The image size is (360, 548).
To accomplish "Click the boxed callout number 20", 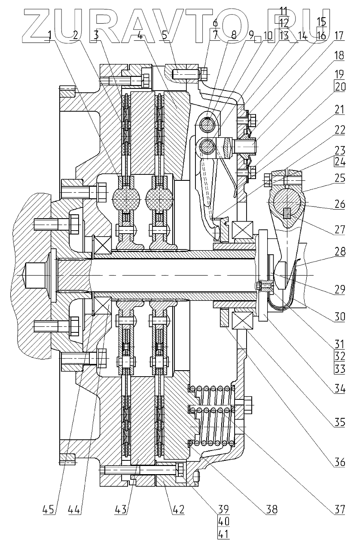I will [x=339, y=87].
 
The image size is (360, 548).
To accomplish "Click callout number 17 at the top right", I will [x=339, y=36].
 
